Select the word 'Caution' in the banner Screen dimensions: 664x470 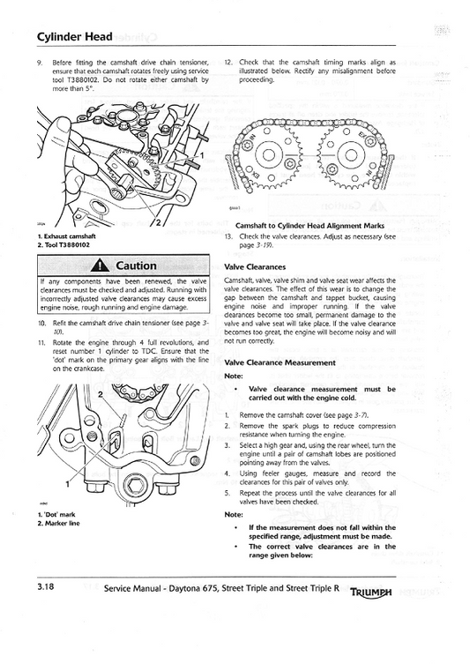137,265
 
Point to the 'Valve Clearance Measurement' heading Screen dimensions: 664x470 280,362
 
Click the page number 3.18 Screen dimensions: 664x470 48,586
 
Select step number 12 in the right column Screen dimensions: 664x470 228,63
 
